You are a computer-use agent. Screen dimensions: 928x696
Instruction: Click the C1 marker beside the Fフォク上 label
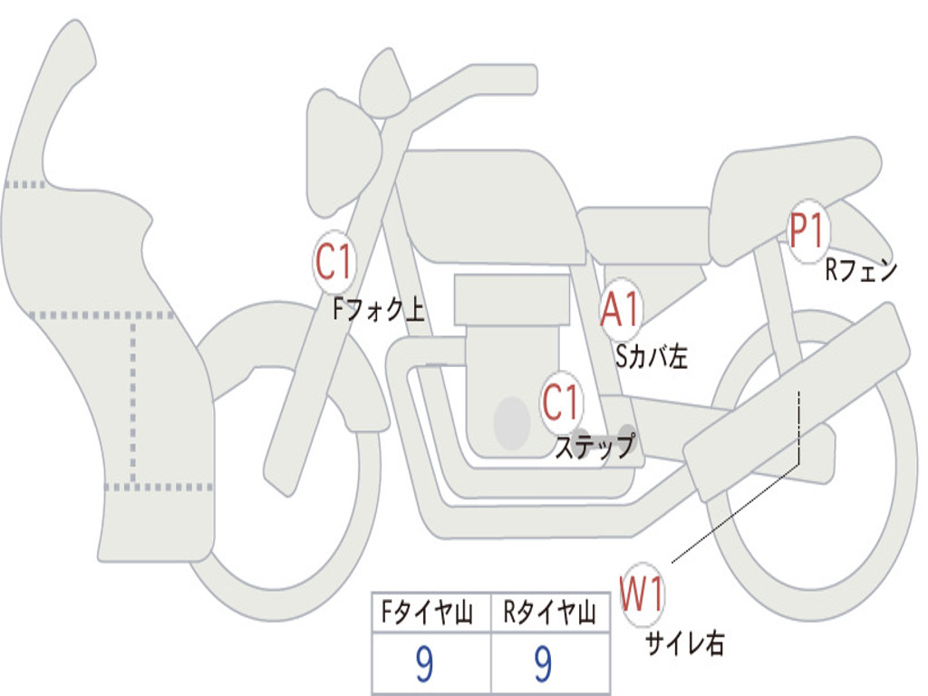click(x=334, y=262)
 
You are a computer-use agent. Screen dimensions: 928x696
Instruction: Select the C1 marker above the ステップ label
click(x=561, y=402)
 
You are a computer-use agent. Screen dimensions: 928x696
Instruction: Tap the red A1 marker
click(x=620, y=309)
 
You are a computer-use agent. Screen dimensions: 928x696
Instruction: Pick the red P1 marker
click(x=807, y=231)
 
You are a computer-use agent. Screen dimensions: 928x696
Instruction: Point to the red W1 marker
click(x=642, y=594)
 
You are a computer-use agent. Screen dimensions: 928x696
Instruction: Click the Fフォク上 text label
click(x=379, y=309)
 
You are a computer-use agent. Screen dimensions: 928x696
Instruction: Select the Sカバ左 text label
click(x=652, y=356)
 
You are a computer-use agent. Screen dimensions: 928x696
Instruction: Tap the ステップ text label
click(x=594, y=446)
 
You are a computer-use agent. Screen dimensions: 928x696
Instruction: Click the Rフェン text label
click(x=861, y=270)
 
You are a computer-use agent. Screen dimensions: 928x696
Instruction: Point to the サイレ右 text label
click(x=685, y=643)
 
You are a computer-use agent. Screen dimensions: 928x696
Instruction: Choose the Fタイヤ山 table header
click(x=428, y=612)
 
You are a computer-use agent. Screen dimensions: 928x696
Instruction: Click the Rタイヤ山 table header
click(x=549, y=612)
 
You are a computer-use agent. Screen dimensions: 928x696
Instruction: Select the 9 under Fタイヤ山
click(x=424, y=663)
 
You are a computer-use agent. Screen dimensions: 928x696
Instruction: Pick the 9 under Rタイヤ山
click(x=543, y=663)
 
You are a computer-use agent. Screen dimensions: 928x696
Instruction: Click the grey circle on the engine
click(x=512, y=422)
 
